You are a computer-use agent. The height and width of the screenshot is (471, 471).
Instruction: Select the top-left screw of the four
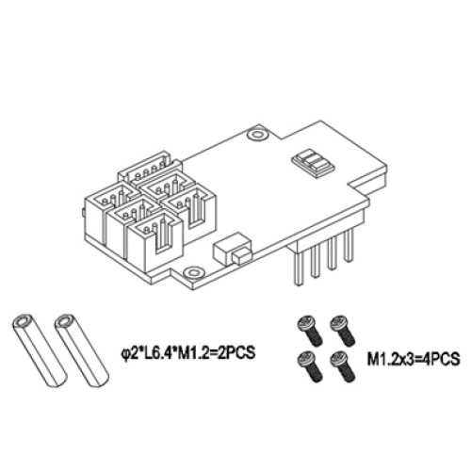point(306,326)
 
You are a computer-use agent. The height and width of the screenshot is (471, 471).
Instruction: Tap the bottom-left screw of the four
point(306,360)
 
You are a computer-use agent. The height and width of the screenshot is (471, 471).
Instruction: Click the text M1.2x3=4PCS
point(411,359)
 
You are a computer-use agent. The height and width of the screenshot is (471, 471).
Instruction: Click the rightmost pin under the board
point(349,245)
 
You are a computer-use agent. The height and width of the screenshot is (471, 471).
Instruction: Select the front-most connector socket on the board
point(153,239)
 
